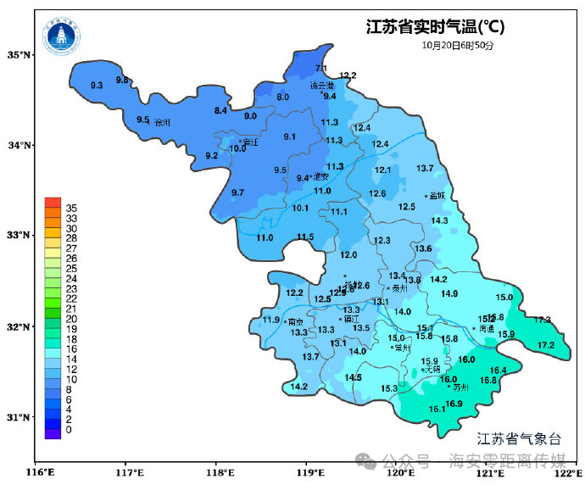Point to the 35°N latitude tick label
pyautogui.click(x=19, y=55)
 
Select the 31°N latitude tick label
pyautogui.click(x=19, y=416)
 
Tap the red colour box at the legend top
pyautogui.click(x=53, y=203)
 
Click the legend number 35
pyautogui.click(x=72, y=208)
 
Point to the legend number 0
pyautogui.click(x=69, y=430)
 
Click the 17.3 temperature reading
pyautogui.click(x=542, y=321)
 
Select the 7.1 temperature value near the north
pyautogui.click(x=321, y=69)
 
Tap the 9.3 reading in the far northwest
pyautogui.click(x=97, y=86)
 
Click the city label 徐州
pyautogui.click(x=164, y=123)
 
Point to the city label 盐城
pyautogui.click(x=437, y=196)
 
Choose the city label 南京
pyautogui.click(x=296, y=322)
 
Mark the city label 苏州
pyautogui.click(x=461, y=387)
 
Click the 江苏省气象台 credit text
pyautogui.click(x=519, y=438)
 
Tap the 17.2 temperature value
pyautogui.click(x=546, y=345)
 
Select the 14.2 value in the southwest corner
pyautogui.click(x=299, y=387)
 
